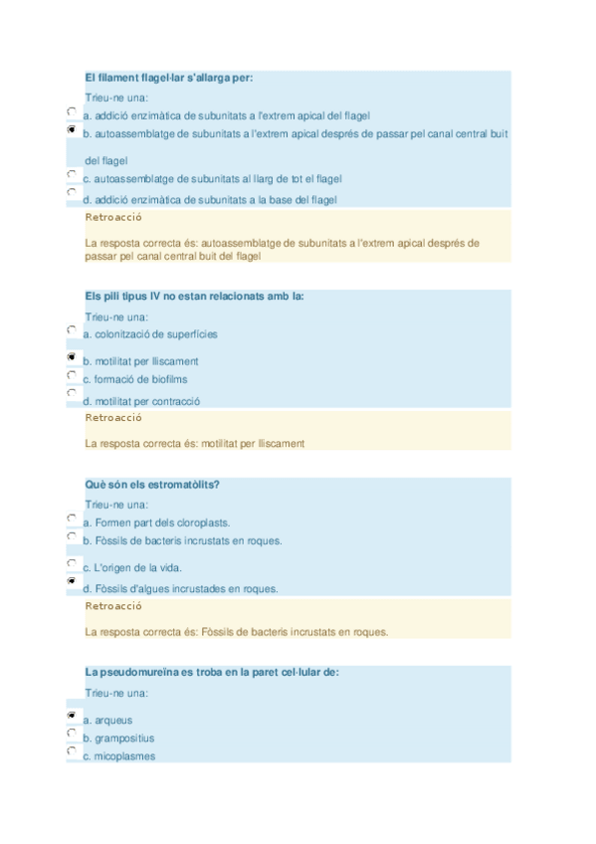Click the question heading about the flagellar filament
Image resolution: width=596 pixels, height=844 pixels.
(176, 78)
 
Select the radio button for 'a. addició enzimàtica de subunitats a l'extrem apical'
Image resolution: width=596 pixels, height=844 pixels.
(72, 112)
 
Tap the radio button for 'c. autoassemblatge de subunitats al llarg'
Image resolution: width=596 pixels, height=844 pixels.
(72, 175)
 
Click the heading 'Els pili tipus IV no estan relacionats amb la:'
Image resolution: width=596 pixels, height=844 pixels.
(195, 296)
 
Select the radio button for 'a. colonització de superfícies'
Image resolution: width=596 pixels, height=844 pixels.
(72, 329)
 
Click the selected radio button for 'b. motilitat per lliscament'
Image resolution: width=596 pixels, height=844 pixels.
(72, 357)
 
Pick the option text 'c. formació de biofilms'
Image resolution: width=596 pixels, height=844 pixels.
(134, 379)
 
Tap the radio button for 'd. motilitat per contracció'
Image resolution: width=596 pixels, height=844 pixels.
(72, 394)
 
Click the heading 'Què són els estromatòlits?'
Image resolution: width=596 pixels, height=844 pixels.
(152, 484)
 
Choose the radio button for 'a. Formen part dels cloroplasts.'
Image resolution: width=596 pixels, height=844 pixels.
(72, 519)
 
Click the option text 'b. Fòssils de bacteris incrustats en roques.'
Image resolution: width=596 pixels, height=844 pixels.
(182, 540)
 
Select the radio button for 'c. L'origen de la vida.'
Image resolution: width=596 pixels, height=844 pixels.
(72, 564)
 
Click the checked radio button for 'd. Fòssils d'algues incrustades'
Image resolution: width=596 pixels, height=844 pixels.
(72, 581)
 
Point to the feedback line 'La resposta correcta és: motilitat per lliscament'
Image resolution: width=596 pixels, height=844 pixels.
(195, 443)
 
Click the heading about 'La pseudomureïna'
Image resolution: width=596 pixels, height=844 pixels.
(212, 672)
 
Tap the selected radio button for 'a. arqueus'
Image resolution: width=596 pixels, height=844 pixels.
(72, 716)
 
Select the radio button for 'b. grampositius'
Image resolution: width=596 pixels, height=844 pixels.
(72, 734)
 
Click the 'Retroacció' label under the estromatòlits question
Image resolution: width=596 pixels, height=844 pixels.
(113, 605)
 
